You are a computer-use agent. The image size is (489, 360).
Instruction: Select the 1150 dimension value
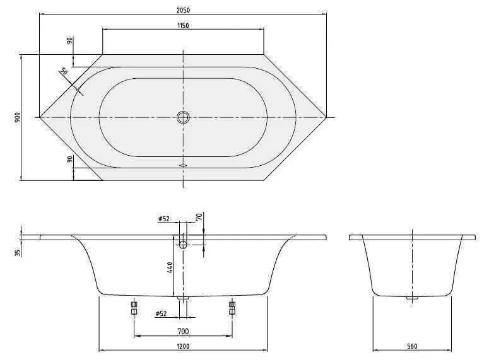(x=183, y=25)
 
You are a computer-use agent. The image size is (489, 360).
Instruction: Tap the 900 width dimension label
(x=18, y=117)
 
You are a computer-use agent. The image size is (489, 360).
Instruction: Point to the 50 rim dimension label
(x=64, y=72)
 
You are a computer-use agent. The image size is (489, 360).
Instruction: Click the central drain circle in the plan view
(x=183, y=117)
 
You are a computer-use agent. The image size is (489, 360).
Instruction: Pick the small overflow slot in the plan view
(x=183, y=165)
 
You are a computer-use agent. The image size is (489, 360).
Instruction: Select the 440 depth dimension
(x=170, y=268)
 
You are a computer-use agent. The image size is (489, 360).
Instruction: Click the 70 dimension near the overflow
(x=199, y=218)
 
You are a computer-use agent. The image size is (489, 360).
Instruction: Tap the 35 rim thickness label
(x=18, y=252)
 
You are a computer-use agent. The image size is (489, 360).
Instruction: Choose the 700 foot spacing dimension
(x=183, y=331)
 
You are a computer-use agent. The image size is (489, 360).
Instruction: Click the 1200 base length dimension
(x=183, y=345)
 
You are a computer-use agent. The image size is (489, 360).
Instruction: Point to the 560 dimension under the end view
(x=412, y=345)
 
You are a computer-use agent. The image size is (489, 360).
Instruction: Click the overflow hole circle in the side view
(x=183, y=244)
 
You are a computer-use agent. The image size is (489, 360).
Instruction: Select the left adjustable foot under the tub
(x=134, y=308)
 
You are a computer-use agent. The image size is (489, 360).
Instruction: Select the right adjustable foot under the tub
(x=232, y=308)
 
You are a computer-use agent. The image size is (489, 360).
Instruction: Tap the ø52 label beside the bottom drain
(x=162, y=313)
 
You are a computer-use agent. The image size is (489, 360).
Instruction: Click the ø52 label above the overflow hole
(x=164, y=219)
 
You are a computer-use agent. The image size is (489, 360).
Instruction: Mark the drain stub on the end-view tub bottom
(x=412, y=298)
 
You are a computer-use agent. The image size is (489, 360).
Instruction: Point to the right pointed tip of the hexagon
(x=326, y=117)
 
